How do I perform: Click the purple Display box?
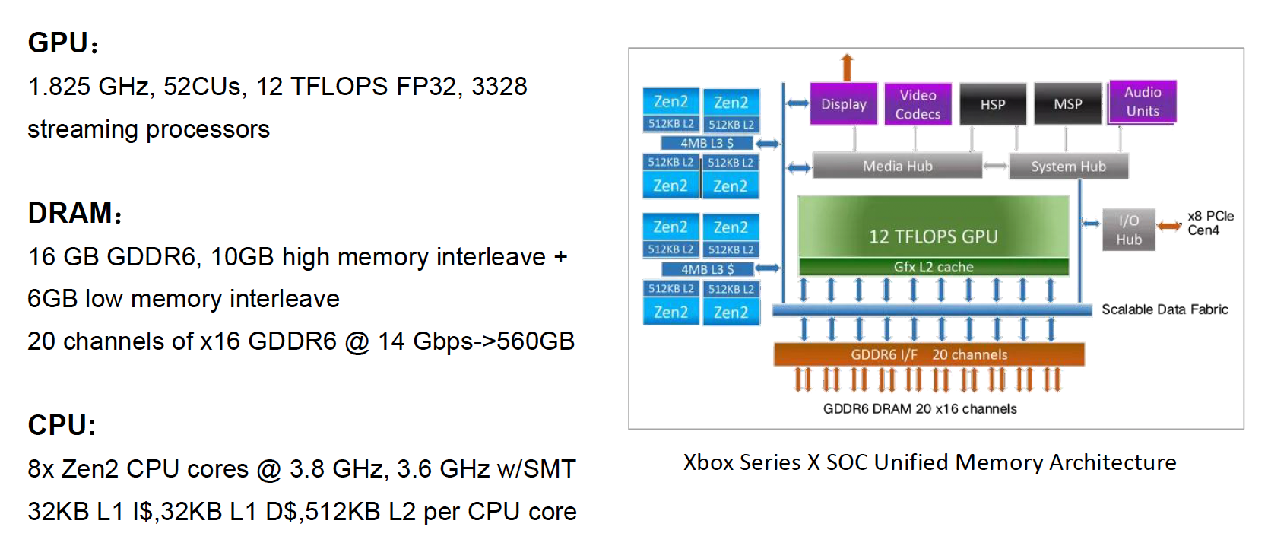[843, 104]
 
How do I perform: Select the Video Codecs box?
[918, 104]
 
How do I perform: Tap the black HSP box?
[992, 104]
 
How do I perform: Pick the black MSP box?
[1067, 104]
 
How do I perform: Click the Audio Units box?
[1143, 102]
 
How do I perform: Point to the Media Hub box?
[897, 166]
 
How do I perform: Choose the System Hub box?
[1068, 166]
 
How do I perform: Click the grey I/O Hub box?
[1129, 230]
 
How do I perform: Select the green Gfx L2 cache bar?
[934, 267]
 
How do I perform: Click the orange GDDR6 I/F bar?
[929, 354]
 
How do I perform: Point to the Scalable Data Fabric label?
[1165, 309]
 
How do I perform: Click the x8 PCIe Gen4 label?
[1210, 224]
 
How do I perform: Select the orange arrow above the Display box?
[847, 67]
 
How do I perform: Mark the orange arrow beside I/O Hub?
[1169, 225]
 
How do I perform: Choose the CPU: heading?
[62, 425]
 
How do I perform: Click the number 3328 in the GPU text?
[499, 87]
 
